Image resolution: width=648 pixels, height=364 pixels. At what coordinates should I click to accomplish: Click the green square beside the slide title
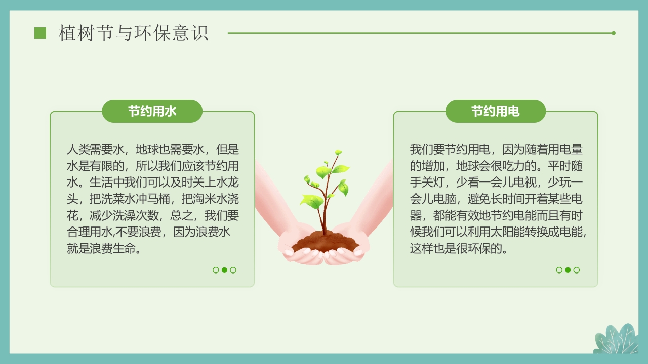click(40, 33)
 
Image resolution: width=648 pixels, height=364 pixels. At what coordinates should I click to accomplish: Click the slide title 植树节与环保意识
click(134, 33)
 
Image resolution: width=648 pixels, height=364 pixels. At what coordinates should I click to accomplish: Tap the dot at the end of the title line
click(614, 33)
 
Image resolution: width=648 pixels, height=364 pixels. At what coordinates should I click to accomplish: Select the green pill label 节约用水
click(152, 111)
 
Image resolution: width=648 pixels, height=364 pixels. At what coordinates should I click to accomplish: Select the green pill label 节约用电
click(495, 111)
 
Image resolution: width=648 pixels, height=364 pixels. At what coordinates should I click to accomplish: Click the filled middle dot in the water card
click(224, 270)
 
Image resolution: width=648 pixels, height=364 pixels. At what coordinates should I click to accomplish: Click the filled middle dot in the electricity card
click(568, 270)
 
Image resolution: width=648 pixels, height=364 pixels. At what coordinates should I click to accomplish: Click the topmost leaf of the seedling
click(338, 152)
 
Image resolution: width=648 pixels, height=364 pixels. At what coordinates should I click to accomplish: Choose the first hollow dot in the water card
click(216, 270)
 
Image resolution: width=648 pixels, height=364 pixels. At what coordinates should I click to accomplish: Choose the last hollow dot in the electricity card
click(576, 270)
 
